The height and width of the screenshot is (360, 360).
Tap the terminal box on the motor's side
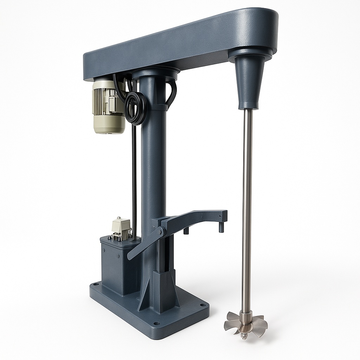click(114, 104)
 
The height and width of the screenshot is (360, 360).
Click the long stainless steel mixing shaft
click(247, 211)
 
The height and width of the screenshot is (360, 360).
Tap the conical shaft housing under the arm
click(251, 83)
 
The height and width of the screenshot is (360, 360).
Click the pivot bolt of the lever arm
click(161, 232)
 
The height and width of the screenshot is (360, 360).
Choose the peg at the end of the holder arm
click(221, 227)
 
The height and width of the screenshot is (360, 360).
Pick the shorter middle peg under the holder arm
click(186, 230)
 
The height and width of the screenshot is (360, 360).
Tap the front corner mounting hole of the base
click(157, 323)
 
